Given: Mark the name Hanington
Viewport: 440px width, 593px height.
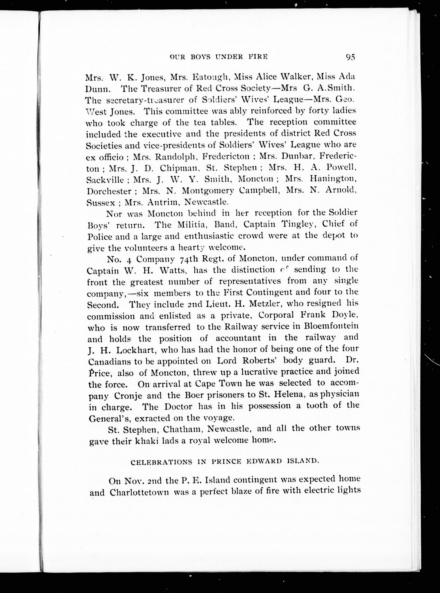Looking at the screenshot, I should click(x=333, y=179).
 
